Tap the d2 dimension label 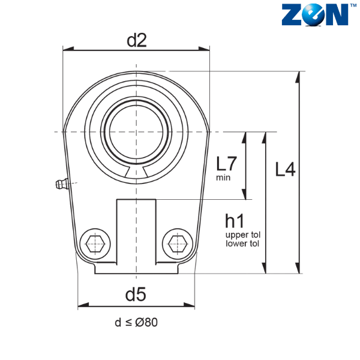137,40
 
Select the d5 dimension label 136,295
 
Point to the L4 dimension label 285,169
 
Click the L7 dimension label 226,164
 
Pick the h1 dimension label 235,221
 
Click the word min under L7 223,178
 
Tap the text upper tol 243,235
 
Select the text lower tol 242,244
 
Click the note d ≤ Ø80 136,322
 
